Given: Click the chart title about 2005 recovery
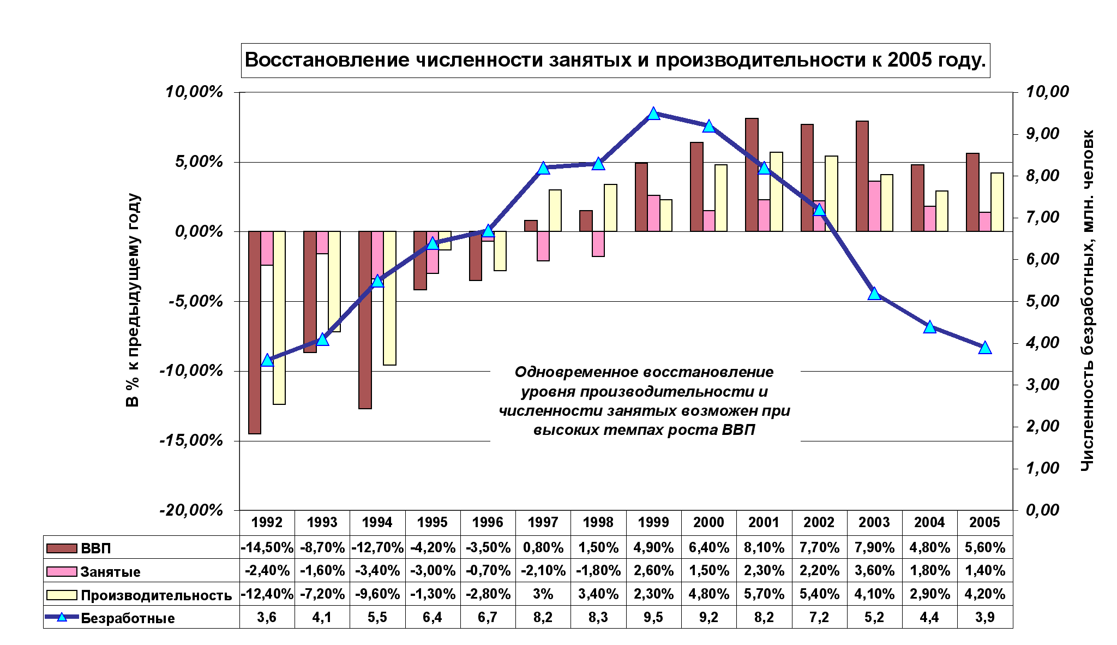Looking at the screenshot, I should (615, 60).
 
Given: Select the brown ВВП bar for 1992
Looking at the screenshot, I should (255, 333).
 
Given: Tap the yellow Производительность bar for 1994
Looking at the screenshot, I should (389, 298).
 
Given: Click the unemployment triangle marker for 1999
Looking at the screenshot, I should (654, 114).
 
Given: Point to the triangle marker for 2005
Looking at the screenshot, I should (984, 348).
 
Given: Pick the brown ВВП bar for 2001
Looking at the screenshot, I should (752, 175).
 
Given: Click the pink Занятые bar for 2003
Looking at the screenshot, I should (874, 206).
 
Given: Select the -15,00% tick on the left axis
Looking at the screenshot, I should (191, 440).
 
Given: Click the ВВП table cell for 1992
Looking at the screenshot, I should (267, 547).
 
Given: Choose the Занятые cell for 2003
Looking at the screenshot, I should (874, 571).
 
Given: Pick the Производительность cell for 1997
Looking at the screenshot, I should (543, 594).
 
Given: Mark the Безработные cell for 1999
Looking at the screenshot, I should (654, 617).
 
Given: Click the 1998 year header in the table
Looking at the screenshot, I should (598, 522).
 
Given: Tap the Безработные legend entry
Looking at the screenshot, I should (128, 618).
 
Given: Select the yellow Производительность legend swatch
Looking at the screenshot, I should (62, 595).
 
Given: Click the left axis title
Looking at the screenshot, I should (133, 300).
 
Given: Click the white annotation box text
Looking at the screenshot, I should (645, 402).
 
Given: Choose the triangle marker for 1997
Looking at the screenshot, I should (543, 168).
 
